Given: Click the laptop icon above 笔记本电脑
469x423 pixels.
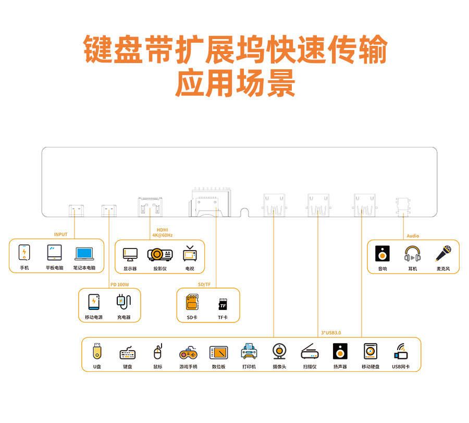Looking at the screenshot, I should pyautogui.click(x=84, y=253).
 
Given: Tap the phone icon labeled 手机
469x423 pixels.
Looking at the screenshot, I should pyautogui.click(x=24, y=253).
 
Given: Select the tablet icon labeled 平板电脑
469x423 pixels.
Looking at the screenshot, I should pyautogui.click(x=54, y=253).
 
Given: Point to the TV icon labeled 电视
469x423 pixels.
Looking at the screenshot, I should pyautogui.click(x=189, y=253).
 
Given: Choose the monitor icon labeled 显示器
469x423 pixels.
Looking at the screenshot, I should pyautogui.click(x=130, y=254).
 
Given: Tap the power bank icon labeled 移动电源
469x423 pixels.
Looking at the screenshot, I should pyautogui.click(x=94, y=302).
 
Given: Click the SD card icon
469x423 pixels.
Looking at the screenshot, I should pyautogui.click(x=192, y=302).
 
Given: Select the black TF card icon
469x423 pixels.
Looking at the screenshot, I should pyautogui.click(x=223, y=304).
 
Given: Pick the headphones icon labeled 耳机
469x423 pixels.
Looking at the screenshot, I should pyautogui.click(x=412, y=254).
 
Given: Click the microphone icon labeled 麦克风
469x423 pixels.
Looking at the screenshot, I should pyautogui.click(x=443, y=254).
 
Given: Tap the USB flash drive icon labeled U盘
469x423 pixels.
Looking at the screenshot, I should pyautogui.click(x=97, y=352).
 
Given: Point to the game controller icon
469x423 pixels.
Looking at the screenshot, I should pyautogui.click(x=188, y=353).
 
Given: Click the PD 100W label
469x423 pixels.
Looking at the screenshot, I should pyautogui.click(x=119, y=284).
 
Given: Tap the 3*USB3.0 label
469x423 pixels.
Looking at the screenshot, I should pyautogui.click(x=334, y=332).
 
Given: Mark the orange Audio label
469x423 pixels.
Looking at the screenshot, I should pyautogui.click(x=413, y=236).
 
